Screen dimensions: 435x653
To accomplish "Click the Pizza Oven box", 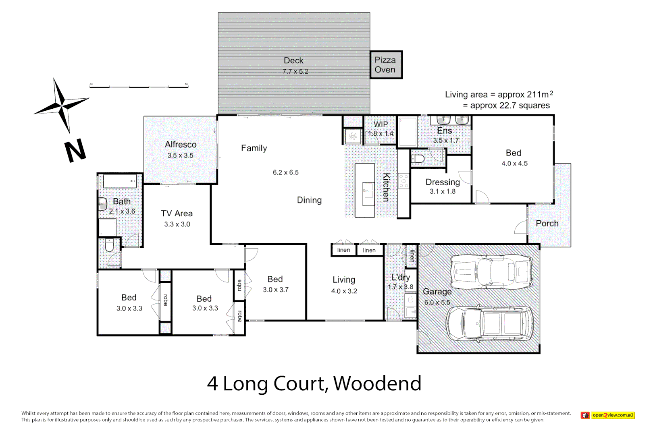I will [x=386, y=65].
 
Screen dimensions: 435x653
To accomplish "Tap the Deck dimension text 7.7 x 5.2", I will [x=295, y=72].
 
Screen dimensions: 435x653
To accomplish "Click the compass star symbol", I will [x=61, y=106].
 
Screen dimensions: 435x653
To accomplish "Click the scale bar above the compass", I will [x=139, y=86].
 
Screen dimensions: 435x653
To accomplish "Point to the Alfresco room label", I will [x=181, y=145].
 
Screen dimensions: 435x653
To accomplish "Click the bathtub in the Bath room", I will [x=120, y=181].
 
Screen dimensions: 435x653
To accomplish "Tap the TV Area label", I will [x=177, y=213].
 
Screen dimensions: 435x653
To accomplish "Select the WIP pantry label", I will [x=381, y=124].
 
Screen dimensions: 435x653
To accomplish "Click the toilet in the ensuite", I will [x=418, y=159].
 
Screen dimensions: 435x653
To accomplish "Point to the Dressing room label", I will [x=443, y=182].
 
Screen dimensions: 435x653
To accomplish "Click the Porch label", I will [x=547, y=224].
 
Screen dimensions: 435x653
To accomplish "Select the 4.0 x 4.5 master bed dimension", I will [x=514, y=164].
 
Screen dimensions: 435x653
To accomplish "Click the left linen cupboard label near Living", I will [x=343, y=250].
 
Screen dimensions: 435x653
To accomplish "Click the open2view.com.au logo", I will [x=608, y=415].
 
